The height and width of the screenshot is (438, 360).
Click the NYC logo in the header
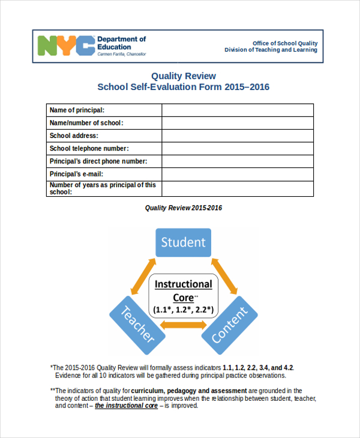(x=66, y=46)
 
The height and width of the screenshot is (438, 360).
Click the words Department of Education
(x=121, y=43)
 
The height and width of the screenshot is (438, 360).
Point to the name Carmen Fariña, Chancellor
(x=121, y=54)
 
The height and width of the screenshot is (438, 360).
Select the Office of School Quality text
(x=285, y=43)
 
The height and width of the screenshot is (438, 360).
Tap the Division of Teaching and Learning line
(x=271, y=50)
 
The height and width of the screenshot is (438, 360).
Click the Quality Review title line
(x=183, y=76)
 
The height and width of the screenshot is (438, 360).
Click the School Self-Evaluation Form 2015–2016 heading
(x=183, y=87)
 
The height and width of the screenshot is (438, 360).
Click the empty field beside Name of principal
(x=237, y=110)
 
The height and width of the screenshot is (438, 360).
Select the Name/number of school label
(x=86, y=123)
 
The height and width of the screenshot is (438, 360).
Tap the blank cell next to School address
(x=237, y=136)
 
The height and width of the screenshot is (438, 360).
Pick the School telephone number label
(x=89, y=148)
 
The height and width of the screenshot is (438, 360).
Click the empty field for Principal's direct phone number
(x=237, y=161)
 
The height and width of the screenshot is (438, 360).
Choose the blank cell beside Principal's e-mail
(x=237, y=174)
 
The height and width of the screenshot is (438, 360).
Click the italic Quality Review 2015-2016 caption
(x=184, y=208)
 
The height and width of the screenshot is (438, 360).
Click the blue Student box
(x=183, y=242)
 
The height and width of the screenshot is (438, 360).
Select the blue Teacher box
(x=136, y=324)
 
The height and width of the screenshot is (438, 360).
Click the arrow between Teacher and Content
(x=183, y=325)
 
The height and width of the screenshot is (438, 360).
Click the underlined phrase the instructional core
(x=126, y=406)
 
